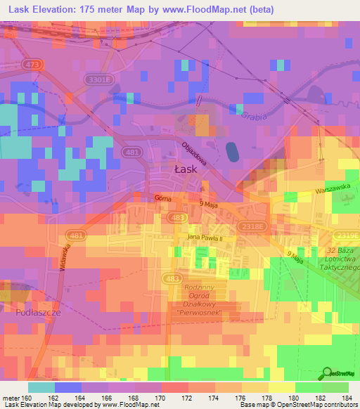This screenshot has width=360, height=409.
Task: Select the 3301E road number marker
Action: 99,80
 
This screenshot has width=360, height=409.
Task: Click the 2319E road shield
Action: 348,236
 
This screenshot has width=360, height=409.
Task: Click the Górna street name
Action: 163,199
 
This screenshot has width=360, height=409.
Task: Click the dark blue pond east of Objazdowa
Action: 231,150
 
